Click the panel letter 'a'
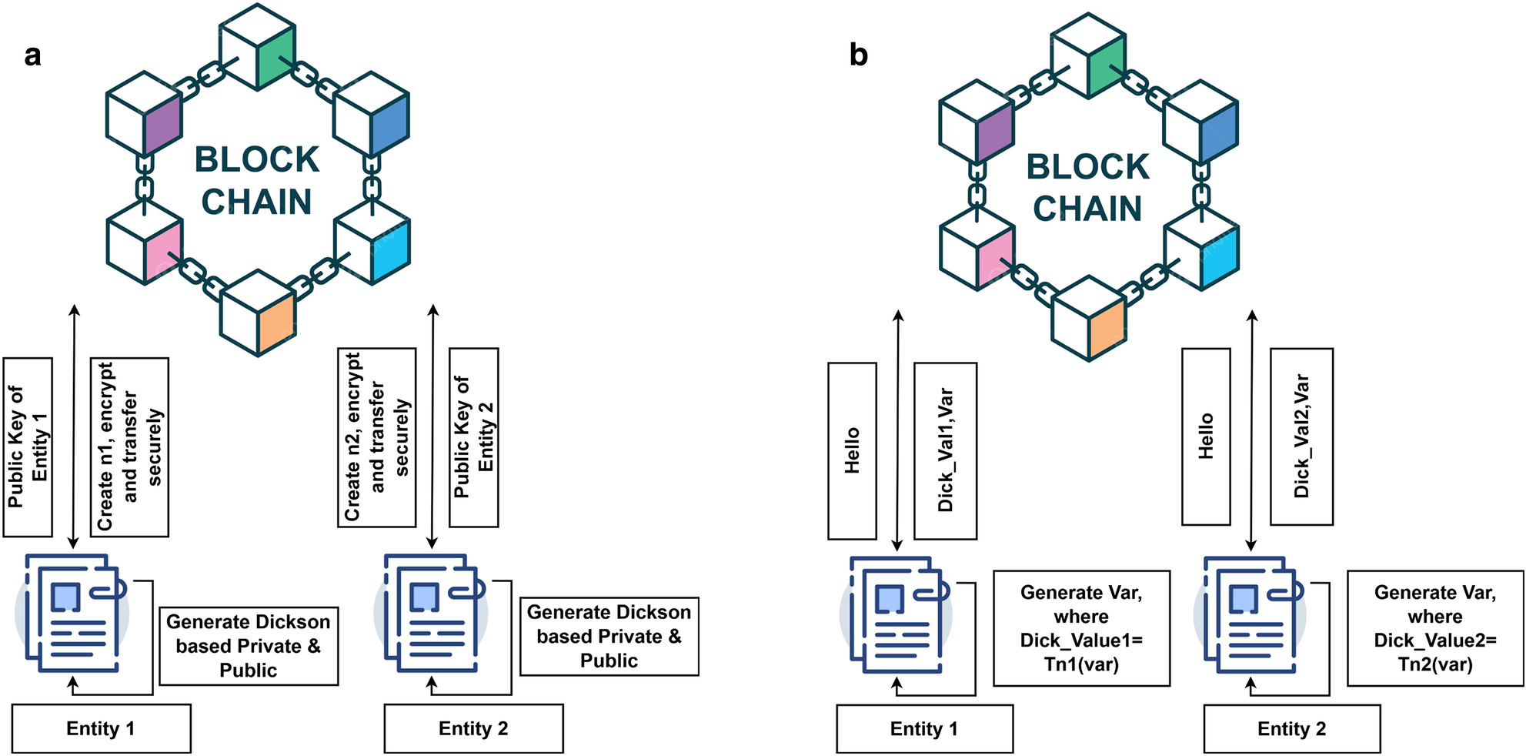point(32,56)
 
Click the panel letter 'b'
point(858,55)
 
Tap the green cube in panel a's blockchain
point(258,48)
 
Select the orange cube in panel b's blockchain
point(1089,319)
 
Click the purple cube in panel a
point(145,114)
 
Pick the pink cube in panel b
point(977,249)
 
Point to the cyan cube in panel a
point(372,243)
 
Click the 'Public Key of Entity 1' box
point(28,447)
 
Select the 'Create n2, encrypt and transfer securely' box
point(376,437)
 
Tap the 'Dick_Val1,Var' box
point(945,450)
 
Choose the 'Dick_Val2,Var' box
point(1301,437)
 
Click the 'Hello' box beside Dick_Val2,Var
point(1205,437)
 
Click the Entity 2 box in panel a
point(473,728)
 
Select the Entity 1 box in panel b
point(924,728)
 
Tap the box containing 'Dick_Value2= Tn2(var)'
point(1434,628)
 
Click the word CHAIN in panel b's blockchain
point(1087,209)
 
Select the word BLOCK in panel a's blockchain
point(256,159)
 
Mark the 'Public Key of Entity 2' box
point(473,437)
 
